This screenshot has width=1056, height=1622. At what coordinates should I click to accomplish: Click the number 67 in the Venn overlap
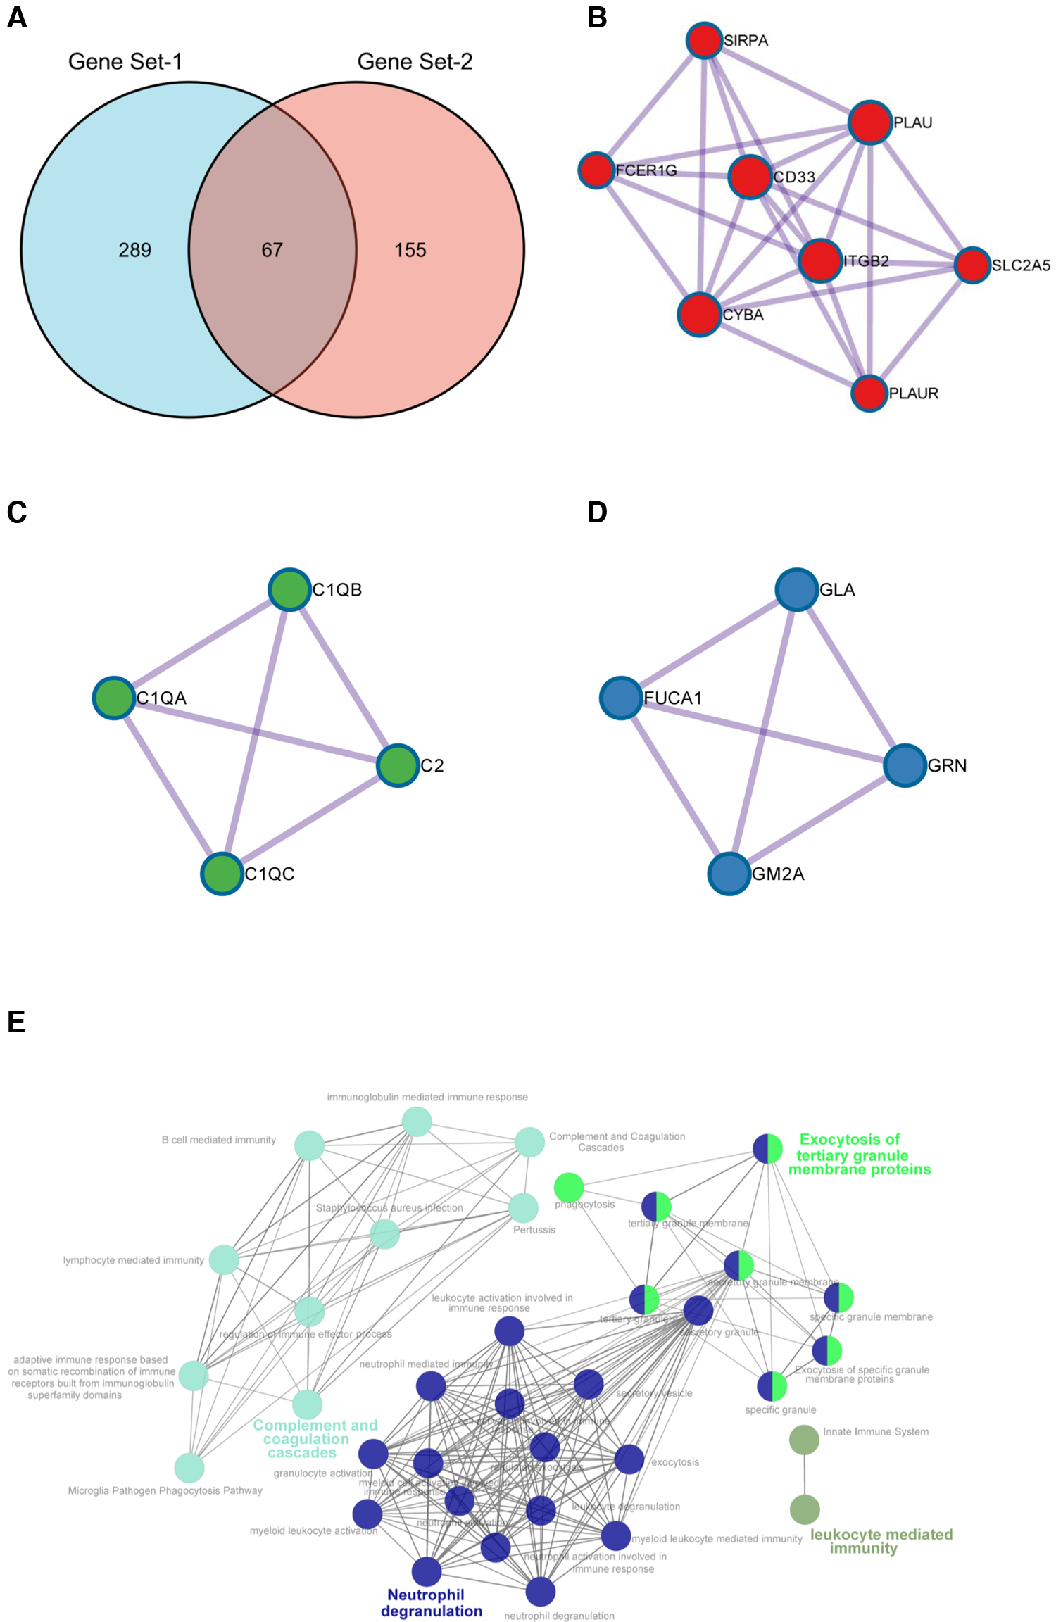coord(272,250)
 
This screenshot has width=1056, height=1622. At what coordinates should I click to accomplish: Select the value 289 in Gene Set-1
coord(134,250)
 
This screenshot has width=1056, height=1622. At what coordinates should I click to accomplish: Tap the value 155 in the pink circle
coord(410,250)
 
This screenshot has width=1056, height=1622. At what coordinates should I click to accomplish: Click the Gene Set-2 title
coord(415,62)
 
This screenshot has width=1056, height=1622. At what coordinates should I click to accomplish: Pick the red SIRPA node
coord(704,41)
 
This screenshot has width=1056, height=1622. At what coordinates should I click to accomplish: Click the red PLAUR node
coord(869,393)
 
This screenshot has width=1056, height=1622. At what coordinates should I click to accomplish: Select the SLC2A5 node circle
coord(972,265)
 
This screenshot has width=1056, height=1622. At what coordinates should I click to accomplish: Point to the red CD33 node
coord(750,177)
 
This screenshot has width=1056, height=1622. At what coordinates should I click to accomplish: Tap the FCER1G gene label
coord(646,170)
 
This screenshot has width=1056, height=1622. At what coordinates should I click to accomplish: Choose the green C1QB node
coord(289,589)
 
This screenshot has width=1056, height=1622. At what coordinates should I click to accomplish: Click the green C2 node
coord(398,765)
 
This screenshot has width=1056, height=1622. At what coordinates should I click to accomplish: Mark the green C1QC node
coord(222,874)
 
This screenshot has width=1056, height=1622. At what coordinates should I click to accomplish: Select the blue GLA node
coord(796,589)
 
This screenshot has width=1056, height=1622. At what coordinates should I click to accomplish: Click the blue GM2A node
coord(729,874)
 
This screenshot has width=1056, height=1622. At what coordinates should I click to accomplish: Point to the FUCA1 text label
coord(673,698)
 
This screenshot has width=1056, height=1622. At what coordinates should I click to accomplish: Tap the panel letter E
coord(16,1021)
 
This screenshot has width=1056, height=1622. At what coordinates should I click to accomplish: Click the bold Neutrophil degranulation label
coord(431,1603)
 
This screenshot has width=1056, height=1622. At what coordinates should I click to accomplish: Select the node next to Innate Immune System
coord(804,1440)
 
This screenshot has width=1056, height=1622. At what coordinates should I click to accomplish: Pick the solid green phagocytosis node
coord(569,1188)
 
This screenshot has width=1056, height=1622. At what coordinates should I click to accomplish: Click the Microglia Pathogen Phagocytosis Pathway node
coord(189,1469)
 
